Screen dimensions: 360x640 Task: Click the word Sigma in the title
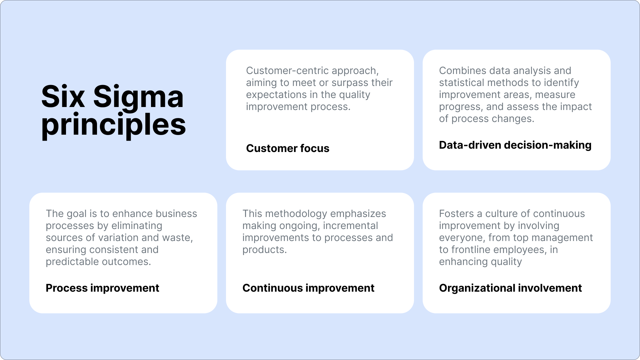point(138,97)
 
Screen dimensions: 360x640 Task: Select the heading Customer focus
point(287,148)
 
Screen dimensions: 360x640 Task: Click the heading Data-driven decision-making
point(515,145)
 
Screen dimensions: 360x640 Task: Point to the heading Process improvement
point(102,288)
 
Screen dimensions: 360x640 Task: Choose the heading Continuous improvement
point(308,288)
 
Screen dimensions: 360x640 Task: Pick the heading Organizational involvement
point(510,288)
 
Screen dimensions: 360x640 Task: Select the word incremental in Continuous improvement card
point(350,226)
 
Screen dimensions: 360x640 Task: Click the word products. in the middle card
point(264,250)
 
